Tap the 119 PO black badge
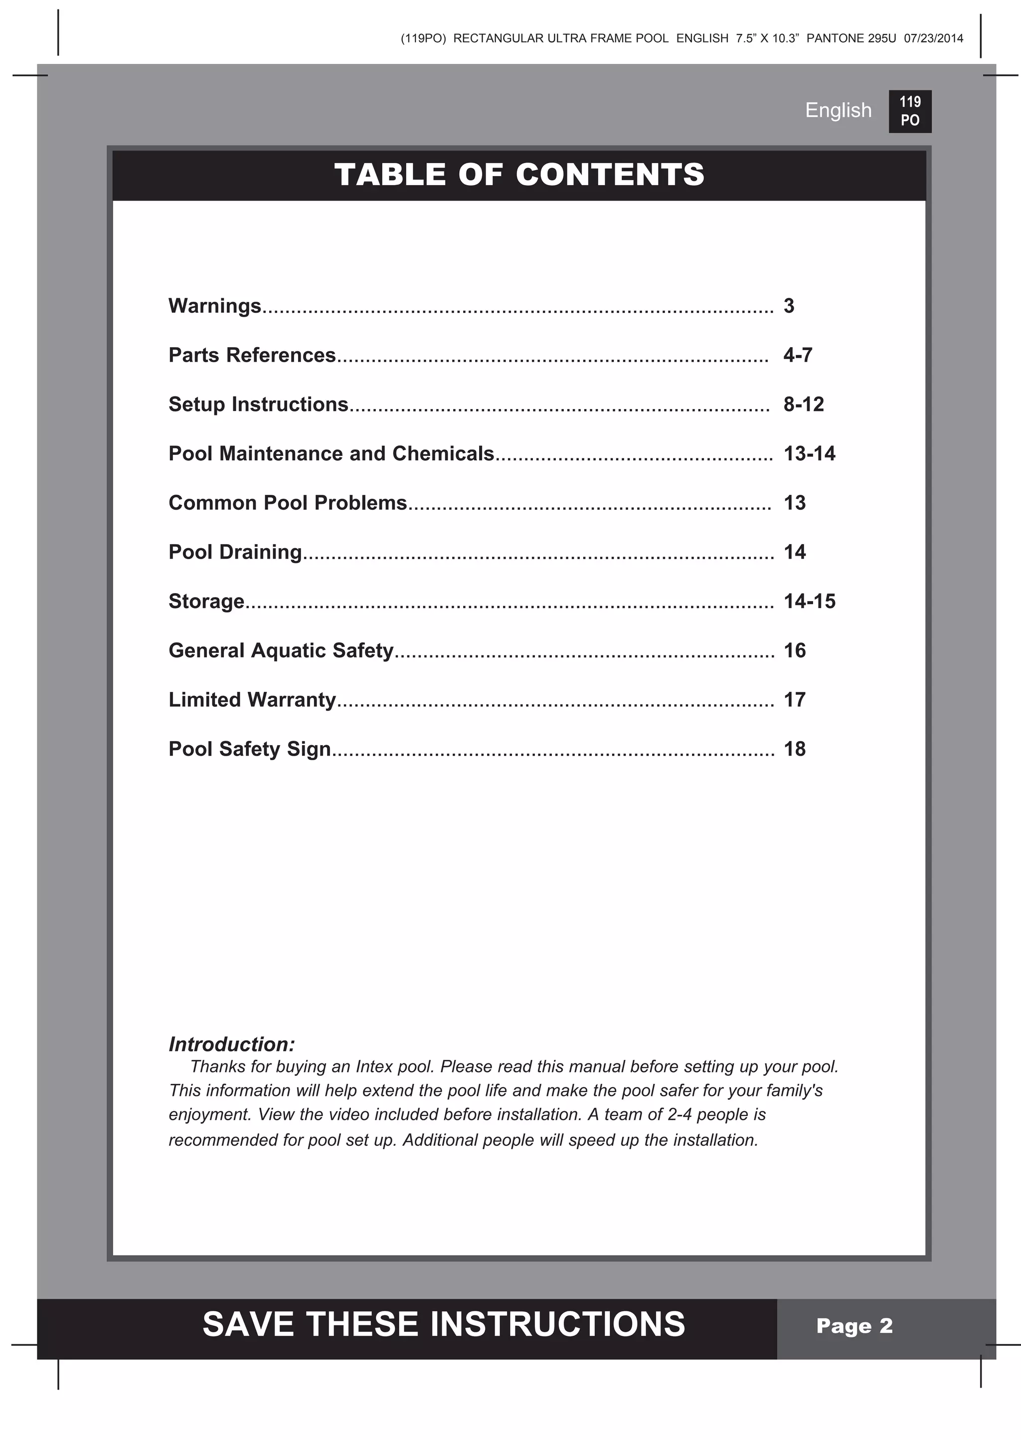tap(909, 111)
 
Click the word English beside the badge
tap(838, 110)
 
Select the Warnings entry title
tap(214, 306)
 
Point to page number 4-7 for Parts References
tap(797, 355)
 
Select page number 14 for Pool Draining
tap(794, 552)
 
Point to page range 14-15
tap(809, 601)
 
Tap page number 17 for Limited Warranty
tap(794, 699)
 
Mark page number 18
tap(794, 749)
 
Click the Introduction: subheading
tap(231, 1044)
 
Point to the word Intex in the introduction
tap(374, 1066)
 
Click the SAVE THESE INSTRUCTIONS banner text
tap(443, 1324)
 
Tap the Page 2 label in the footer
tap(854, 1326)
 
